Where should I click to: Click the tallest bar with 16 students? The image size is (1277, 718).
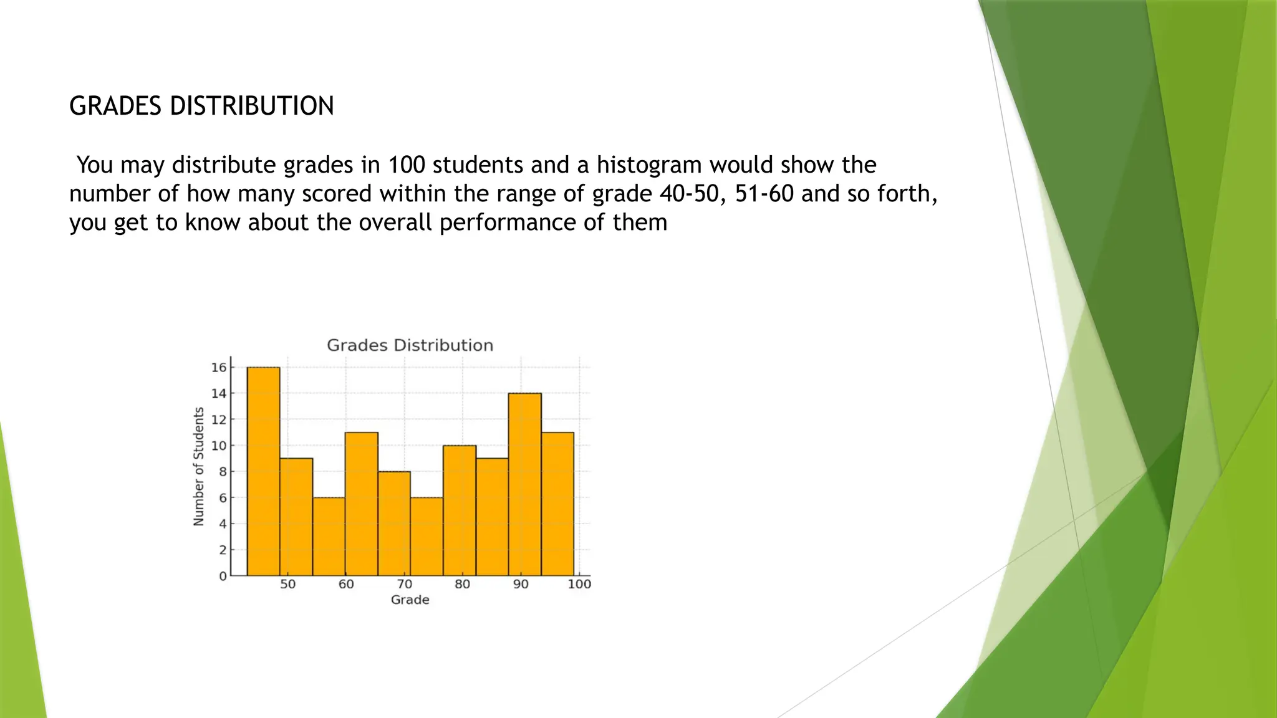point(263,471)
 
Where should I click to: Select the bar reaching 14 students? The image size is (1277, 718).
point(524,484)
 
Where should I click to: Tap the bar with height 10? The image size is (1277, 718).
point(460,510)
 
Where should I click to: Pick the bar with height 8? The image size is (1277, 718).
point(394,524)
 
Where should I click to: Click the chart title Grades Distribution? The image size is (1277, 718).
point(410,345)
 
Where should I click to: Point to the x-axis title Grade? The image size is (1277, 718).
point(410,600)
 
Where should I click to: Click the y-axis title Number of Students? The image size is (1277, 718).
point(199,466)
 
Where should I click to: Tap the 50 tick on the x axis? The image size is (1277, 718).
point(287,584)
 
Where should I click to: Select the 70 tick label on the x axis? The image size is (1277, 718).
point(404,584)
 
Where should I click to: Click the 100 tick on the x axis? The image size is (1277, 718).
point(579,584)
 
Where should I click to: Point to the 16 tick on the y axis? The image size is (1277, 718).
point(219,368)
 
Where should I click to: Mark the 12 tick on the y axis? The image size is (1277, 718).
point(219,419)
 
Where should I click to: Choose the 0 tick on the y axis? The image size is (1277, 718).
point(223,576)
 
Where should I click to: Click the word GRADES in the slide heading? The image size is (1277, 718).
point(116,106)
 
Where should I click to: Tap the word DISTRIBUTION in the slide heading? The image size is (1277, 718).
point(252,106)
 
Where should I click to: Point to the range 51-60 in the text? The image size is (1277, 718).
point(764,194)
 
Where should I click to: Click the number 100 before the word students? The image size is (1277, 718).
point(407,165)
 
